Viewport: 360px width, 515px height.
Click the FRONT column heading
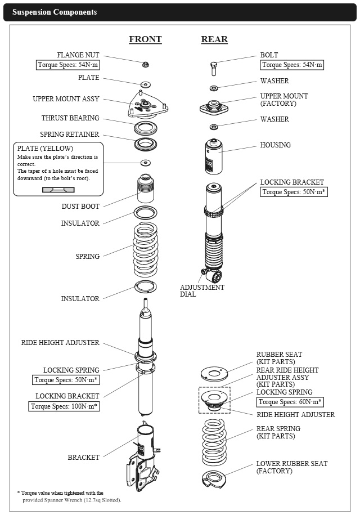pos(145,39)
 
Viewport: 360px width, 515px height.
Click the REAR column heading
pos(214,39)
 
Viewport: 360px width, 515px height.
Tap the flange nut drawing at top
pos(145,64)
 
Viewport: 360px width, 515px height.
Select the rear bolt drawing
pos(214,69)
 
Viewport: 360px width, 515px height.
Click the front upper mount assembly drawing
pos(147,105)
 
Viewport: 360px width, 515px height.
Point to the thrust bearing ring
pos(145,128)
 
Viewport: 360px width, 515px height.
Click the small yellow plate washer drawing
pos(145,163)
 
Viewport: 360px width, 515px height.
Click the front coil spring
pos(145,249)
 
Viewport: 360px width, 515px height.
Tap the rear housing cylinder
pos(214,156)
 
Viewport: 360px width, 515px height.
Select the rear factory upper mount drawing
pos(214,107)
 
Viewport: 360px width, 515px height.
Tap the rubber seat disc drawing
pos(214,374)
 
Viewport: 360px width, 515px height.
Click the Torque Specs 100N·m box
pos(64,406)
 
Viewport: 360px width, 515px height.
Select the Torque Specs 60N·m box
pos(290,402)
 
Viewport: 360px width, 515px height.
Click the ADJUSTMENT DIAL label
pos(202,290)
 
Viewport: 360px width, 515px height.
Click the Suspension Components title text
pos(55,12)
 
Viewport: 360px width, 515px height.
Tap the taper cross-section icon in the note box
pos(58,190)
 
